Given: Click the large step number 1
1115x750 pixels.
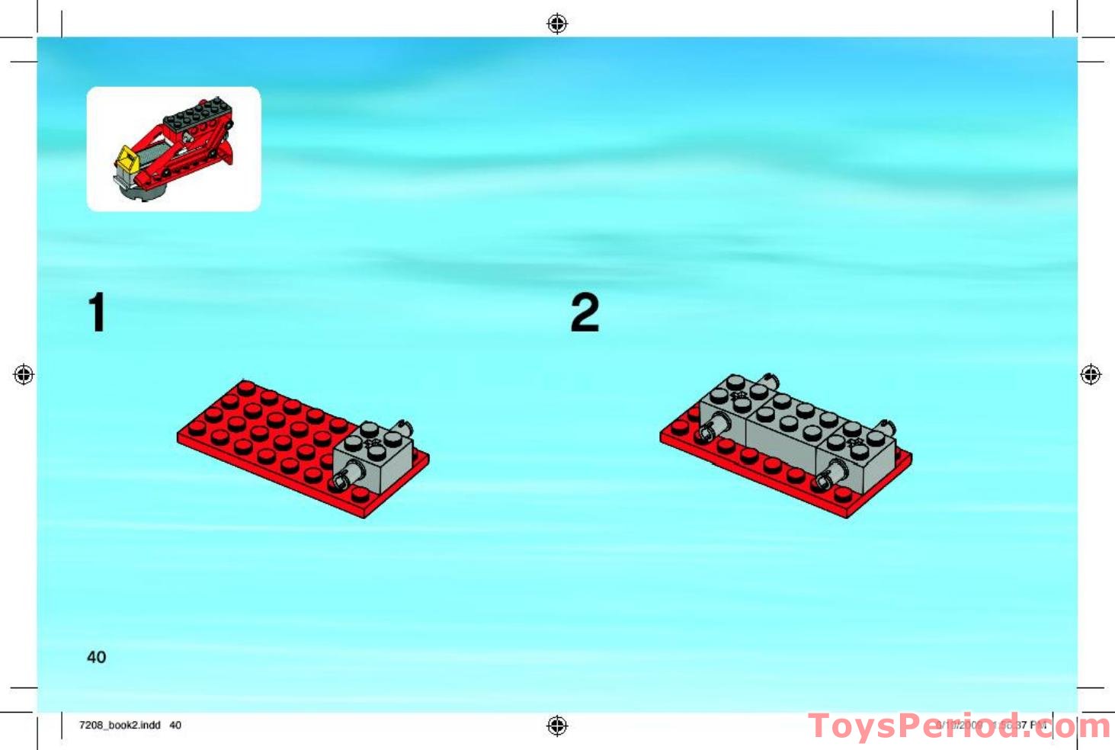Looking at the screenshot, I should pyautogui.click(x=97, y=312).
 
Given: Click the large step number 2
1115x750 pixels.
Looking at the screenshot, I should pyautogui.click(x=585, y=312).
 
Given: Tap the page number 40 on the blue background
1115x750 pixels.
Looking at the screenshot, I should pyautogui.click(x=97, y=657).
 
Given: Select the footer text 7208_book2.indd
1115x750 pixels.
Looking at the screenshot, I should pyautogui.click(x=120, y=725).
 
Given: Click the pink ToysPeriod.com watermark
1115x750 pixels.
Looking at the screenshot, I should pyautogui.click(x=959, y=726).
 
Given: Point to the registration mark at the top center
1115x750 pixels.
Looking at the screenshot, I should pyautogui.click(x=557, y=24).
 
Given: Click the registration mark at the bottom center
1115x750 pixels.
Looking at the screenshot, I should pyautogui.click(x=557, y=726).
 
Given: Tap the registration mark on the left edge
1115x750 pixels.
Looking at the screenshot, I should pyautogui.click(x=24, y=375).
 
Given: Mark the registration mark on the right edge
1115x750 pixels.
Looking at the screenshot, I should pyautogui.click(x=1091, y=375).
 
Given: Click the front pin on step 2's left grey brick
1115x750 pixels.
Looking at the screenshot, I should pyautogui.click(x=706, y=434).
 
